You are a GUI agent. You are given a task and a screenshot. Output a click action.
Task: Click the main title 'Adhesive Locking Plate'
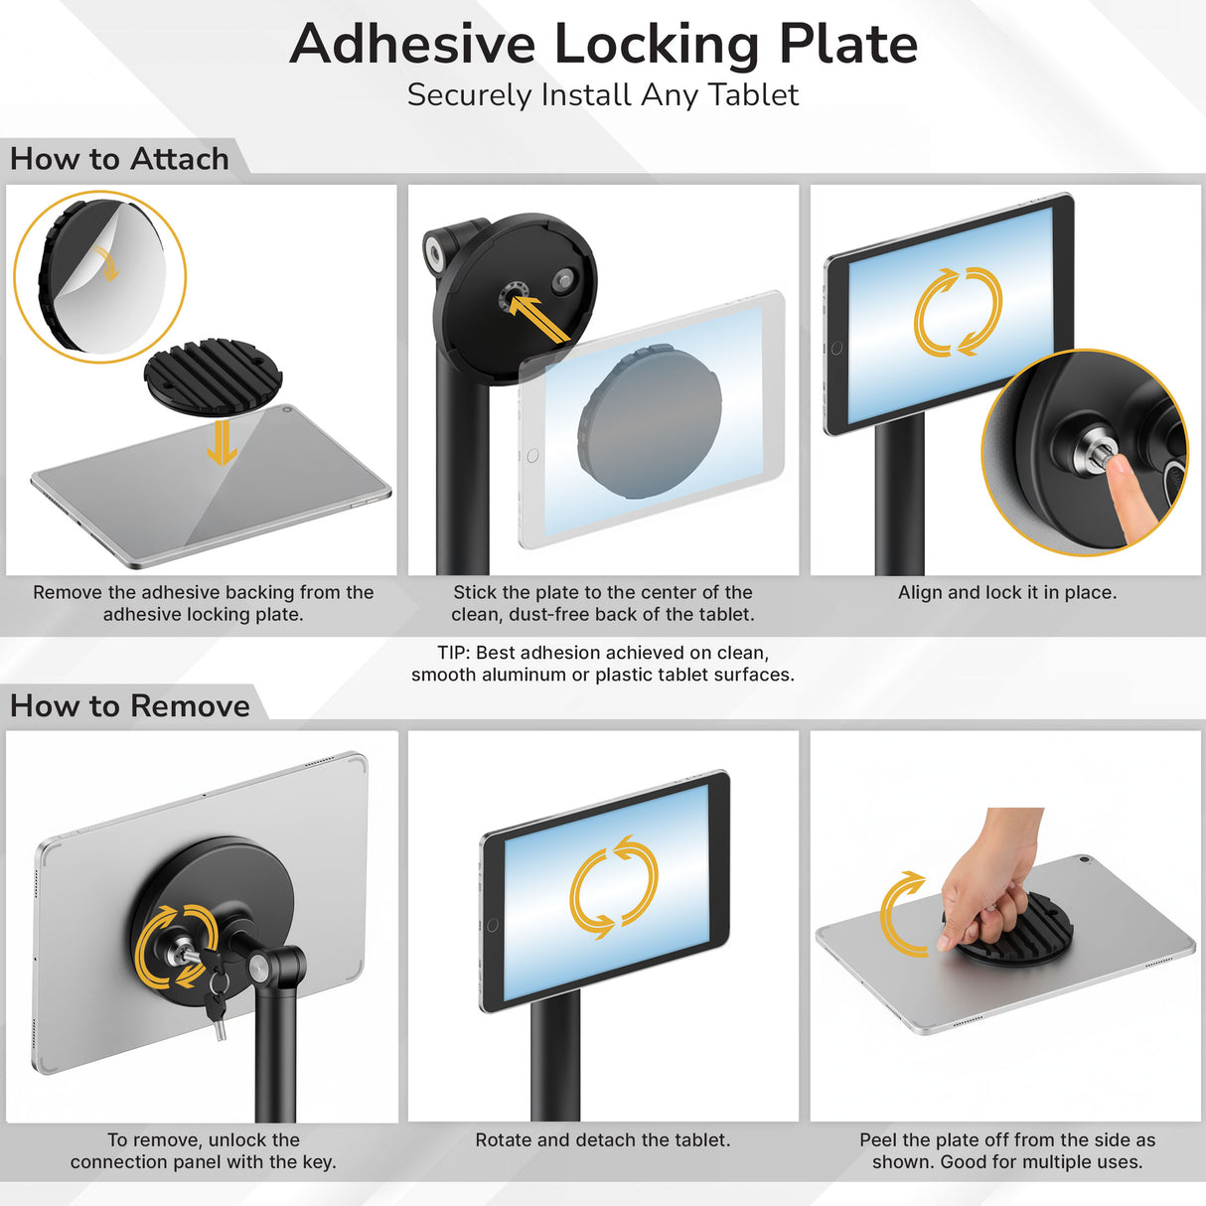[603, 44]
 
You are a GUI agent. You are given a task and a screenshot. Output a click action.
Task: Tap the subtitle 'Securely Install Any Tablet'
[603, 95]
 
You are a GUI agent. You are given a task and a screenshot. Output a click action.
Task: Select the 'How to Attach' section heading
[119, 159]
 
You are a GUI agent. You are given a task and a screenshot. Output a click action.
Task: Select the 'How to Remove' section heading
[130, 706]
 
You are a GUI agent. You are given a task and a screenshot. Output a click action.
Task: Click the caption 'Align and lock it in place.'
[1006, 593]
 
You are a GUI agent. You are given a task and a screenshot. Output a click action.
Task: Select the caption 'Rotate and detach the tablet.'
[602, 1140]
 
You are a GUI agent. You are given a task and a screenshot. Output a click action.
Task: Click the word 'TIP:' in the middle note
[454, 654]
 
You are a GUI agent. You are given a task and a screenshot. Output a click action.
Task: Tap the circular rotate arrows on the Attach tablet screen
[958, 312]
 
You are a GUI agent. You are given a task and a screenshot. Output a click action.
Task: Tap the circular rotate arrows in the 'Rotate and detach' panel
[613, 887]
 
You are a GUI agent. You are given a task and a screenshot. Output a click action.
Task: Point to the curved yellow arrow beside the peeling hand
[900, 913]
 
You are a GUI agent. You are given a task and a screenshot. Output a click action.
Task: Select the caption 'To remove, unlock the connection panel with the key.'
[204, 1151]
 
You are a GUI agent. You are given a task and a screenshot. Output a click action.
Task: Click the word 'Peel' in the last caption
[878, 1140]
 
